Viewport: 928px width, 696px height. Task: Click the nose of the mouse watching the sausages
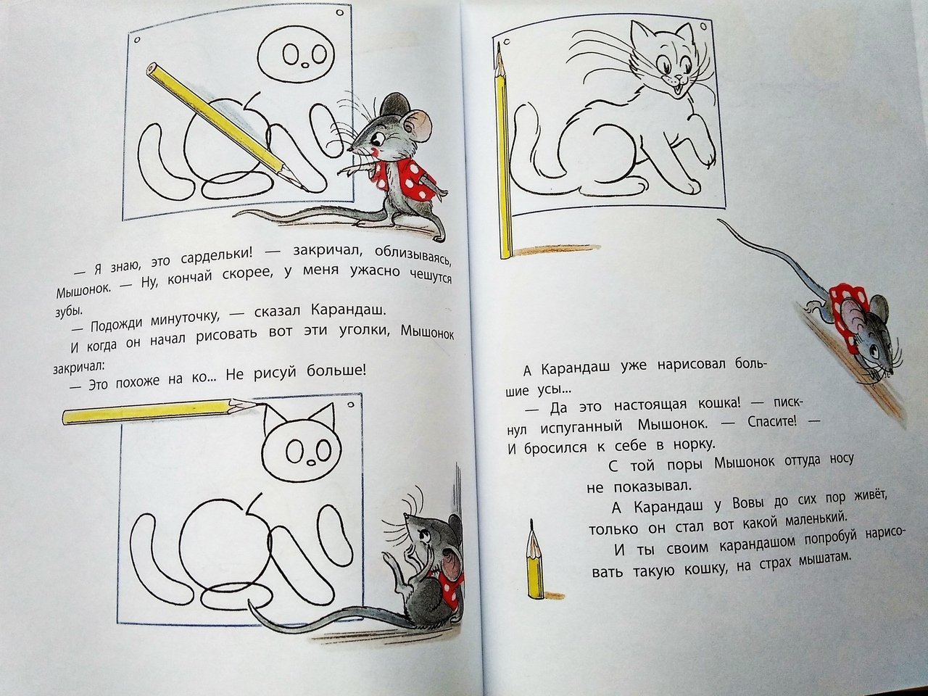tap(350, 149)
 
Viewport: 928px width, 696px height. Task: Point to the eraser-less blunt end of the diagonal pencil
tap(153, 69)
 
